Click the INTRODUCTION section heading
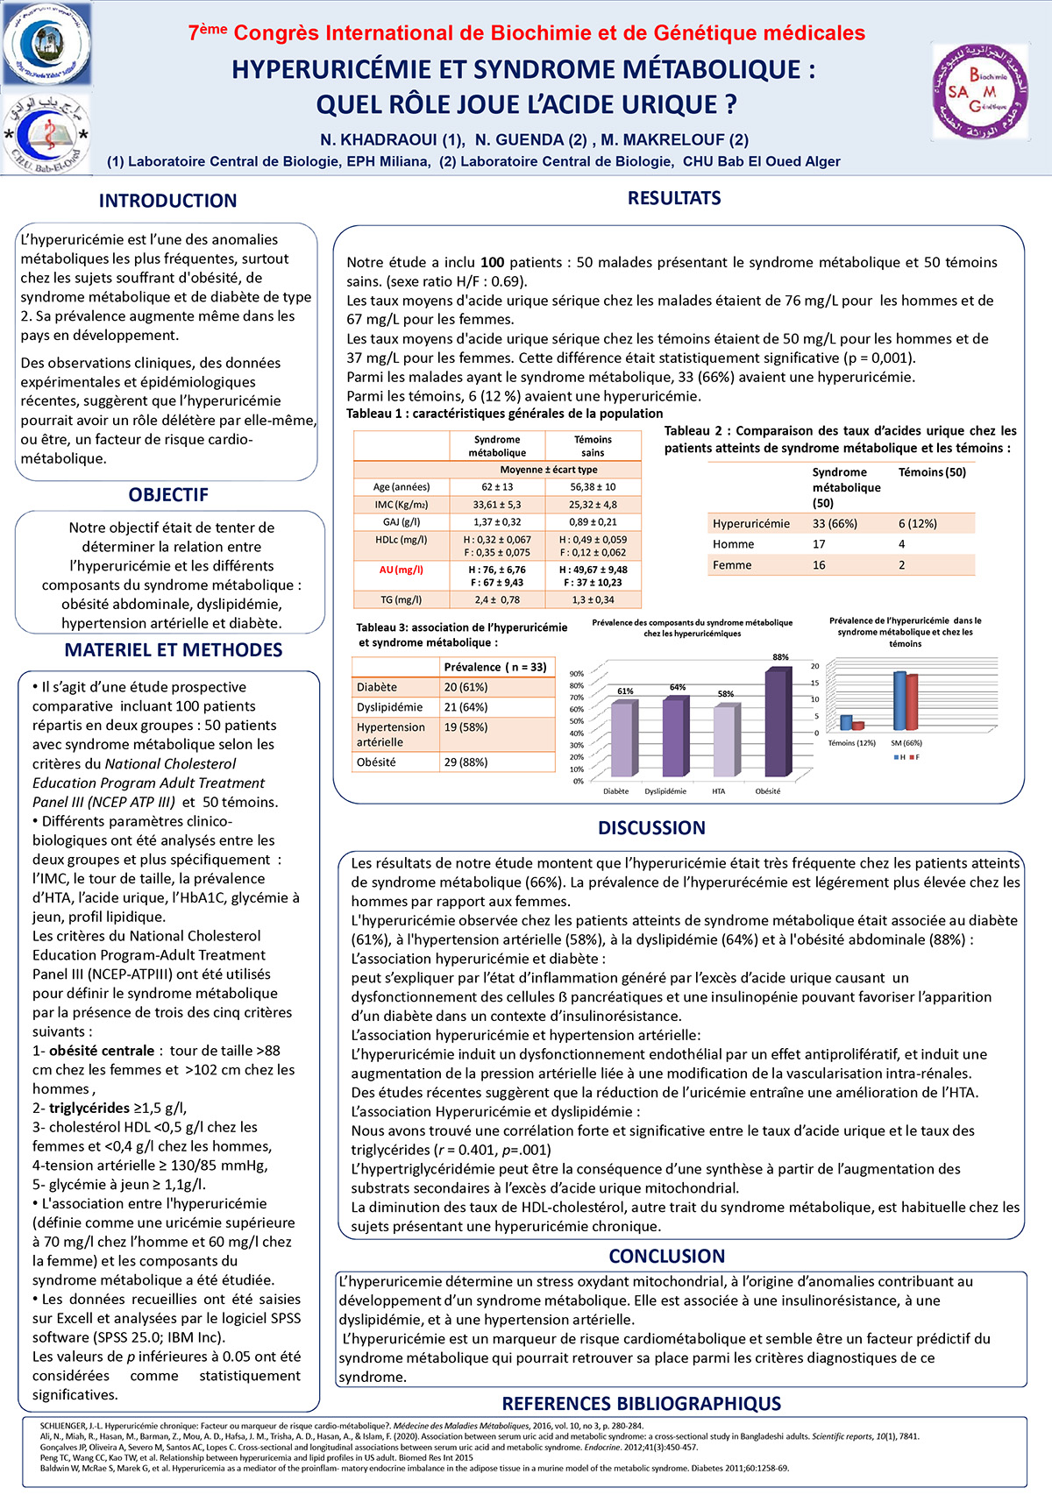pyautogui.click(x=167, y=201)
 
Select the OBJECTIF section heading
pyautogui.click(x=168, y=494)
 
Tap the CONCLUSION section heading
pyautogui.click(x=666, y=1256)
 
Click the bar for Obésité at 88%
pyautogui.click(x=775, y=724)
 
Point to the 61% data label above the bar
pyautogui.click(x=625, y=691)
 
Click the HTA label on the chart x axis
pyautogui.click(x=718, y=791)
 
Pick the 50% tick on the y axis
pyautogui.click(x=577, y=721)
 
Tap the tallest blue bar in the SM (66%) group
pyautogui.click(x=899, y=701)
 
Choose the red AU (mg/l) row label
pyautogui.click(x=401, y=570)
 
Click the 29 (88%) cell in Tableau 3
pyautogui.click(x=466, y=762)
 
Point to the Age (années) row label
pyautogui.click(x=401, y=486)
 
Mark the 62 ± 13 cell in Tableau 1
pyautogui.click(x=497, y=486)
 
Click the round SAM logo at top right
pyautogui.click(x=979, y=91)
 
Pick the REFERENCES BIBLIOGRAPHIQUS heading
pyautogui.click(x=641, y=1403)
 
